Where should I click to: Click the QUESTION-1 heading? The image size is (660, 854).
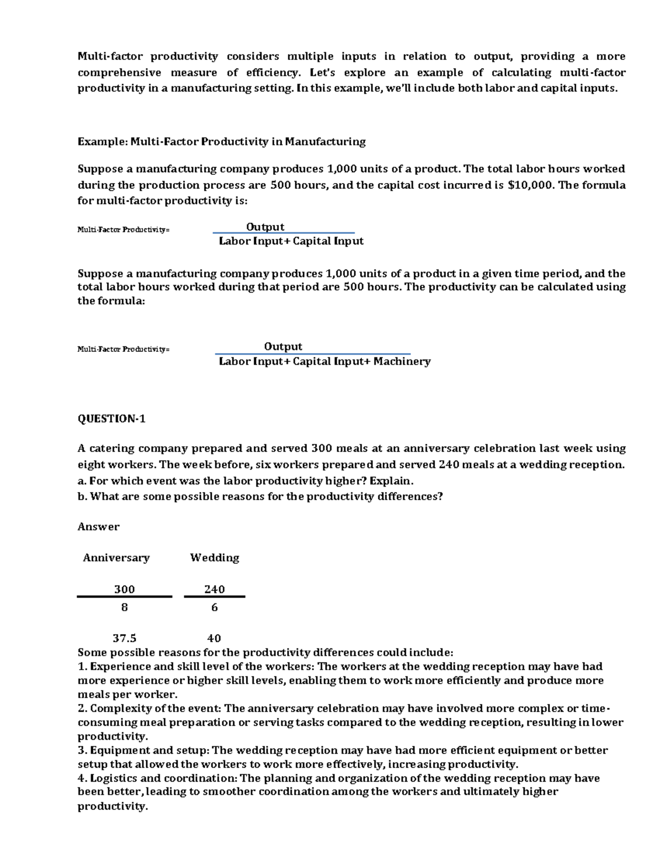click(x=112, y=419)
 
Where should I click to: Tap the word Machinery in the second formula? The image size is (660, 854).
click(x=402, y=361)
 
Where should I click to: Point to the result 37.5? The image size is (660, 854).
click(x=124, y=638)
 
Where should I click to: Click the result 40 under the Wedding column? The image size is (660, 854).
click(x=214, y=638)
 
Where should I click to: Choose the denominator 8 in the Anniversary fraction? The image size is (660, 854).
click(x=124, y=607)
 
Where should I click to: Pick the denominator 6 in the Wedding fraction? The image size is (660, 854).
click(x=215, y=607)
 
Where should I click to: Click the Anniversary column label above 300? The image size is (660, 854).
click(x=116, y=558)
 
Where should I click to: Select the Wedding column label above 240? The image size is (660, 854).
click(x=215, y=558)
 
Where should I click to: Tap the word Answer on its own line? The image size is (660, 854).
click(x=98, y=527)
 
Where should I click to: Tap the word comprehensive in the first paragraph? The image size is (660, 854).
click(x=119, y=73)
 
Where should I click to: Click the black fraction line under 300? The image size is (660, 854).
click(x=124, y=597)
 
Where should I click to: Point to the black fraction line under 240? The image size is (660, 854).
click(x=215, y=597)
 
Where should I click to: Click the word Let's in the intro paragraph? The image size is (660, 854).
click(x=322, y=73)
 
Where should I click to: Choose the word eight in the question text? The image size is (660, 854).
click(x=90, y=465)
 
